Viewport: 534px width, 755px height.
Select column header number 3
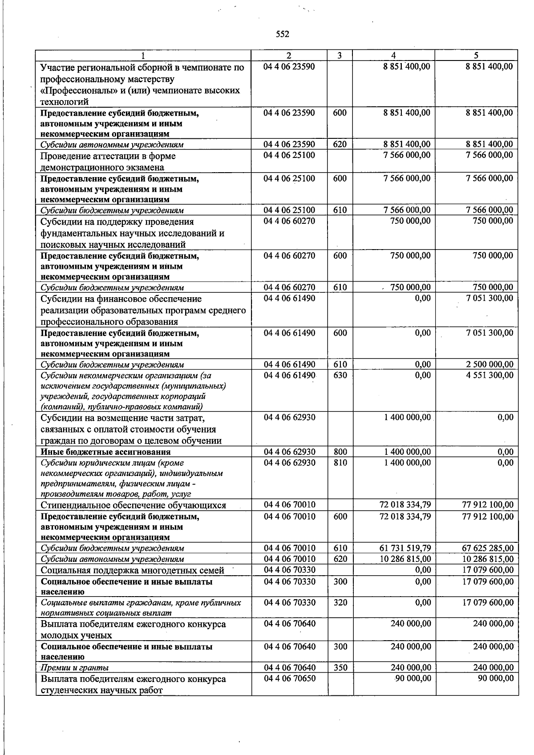(340, 56)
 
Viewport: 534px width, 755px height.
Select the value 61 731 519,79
(405, 548)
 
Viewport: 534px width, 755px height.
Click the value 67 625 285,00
(488, 548)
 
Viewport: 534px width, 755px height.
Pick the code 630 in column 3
(340, 375)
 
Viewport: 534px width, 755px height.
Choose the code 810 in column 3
(340, 463)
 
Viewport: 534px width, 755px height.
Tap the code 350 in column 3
(340, 667)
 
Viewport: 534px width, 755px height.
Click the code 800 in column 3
(340, 452)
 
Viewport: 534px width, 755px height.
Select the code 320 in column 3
(340, 602)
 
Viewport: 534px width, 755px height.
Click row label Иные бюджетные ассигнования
(105, 452)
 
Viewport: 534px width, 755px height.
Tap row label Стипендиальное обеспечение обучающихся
(133, 505)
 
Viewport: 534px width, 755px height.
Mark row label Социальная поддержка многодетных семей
(132, 570)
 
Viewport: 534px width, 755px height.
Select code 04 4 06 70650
(290, 678)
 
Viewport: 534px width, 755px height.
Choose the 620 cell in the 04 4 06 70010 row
(340, 559)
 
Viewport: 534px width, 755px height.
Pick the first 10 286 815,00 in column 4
(405, 559)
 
